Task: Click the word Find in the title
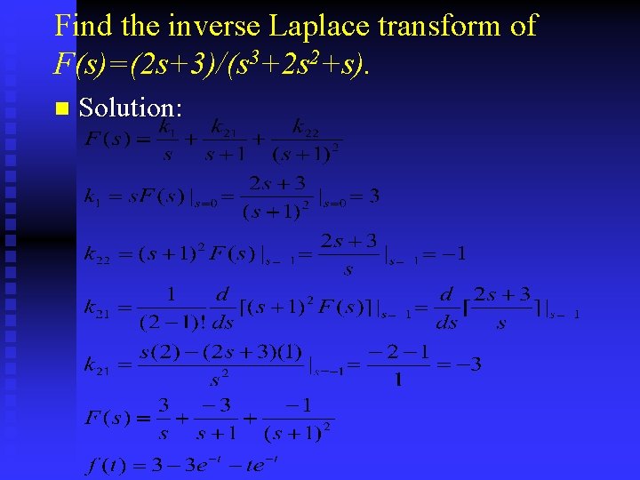click(x=78, y=25)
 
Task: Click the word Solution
click(x=131, y=108)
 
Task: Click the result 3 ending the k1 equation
click(x=373, y=196)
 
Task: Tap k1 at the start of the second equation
click(x=92, y=196)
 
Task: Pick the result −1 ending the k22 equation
click(x=455, y=254)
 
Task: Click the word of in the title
click(x=524, y=25)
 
